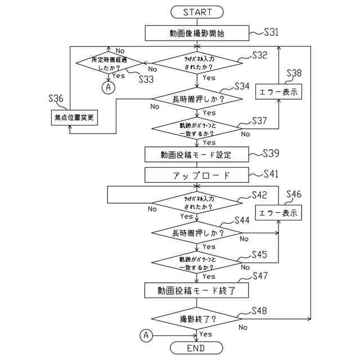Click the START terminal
196,11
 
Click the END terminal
196,348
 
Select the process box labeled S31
196,33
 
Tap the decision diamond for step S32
196,62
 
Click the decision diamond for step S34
196,99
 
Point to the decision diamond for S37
196,129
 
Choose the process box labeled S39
196,154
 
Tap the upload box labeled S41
196,175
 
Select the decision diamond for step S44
196,232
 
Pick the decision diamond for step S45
196,263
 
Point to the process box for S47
196,290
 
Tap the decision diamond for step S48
196,319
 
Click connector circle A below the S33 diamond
109,87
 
